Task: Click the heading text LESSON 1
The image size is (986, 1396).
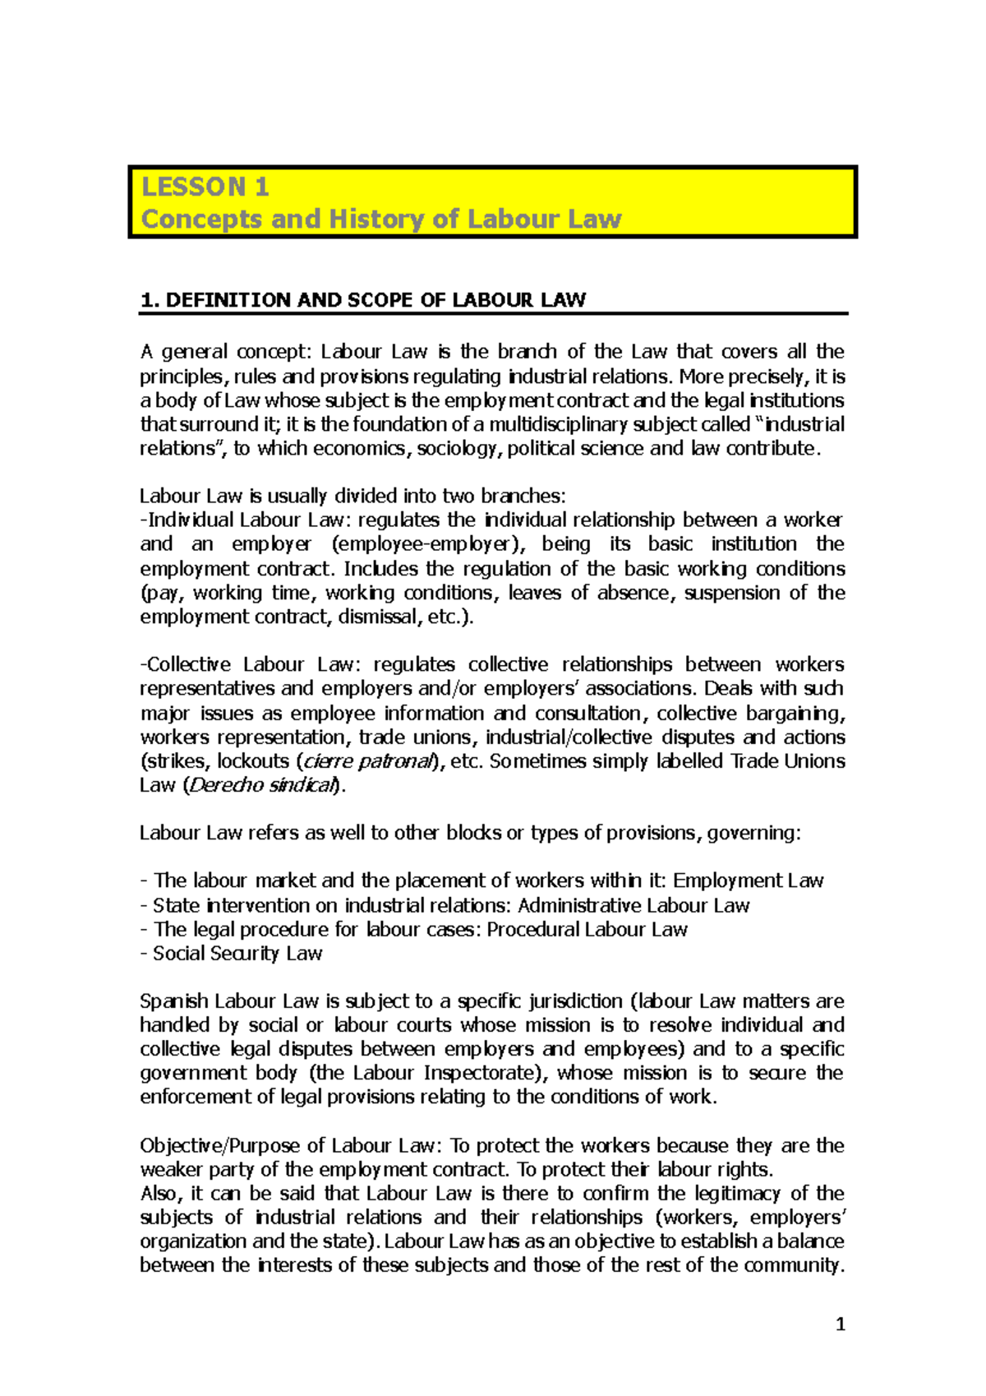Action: [x=205, y=187]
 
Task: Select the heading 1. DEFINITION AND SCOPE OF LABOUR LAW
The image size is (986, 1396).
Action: [x=362, y=300]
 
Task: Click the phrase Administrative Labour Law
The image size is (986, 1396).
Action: [x=634, y=905]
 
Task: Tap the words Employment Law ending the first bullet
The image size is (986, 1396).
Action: [x=748, y=881]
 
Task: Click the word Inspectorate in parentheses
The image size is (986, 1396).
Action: [x=479, y=1073]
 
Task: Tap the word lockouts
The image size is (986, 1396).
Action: [x=253, y=761]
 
